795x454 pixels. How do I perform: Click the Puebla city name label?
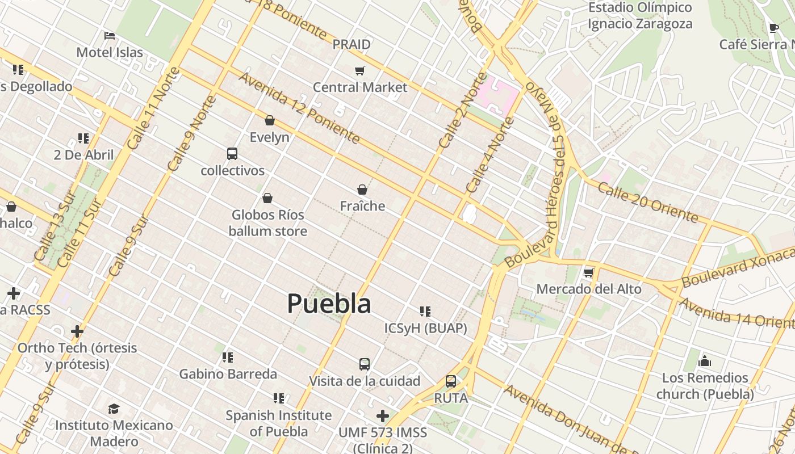pos(329,304)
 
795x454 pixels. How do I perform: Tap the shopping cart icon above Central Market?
pos(359,70)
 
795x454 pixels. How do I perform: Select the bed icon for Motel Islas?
pos(110,36)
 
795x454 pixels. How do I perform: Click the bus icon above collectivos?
pos(232,154)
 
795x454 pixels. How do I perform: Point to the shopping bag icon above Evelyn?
pos(270,120)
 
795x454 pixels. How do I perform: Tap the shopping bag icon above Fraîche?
pos(362,190)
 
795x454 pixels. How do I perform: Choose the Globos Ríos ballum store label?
pos(267,223)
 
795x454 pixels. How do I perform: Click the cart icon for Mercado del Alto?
pos(589,272)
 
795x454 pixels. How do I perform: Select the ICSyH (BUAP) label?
pos(425,328)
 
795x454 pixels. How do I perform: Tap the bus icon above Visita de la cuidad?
pos(365,364)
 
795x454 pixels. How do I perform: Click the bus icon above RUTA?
pos(451,381)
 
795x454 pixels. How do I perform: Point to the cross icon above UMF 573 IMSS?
pos(383,416)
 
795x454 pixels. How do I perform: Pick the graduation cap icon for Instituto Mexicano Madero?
pos(114,409)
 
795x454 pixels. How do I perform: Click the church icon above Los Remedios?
pos(705,361)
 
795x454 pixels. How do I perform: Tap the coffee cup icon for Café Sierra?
pos(773,28)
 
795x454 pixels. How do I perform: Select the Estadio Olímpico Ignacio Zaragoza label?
pos(640,16)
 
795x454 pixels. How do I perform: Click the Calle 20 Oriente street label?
pos(648,203)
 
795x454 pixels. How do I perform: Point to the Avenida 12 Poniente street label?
pos(299,107)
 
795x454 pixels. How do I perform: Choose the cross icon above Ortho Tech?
pos(77,331)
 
